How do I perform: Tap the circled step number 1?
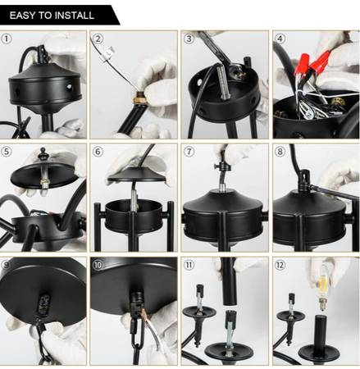(7, 39)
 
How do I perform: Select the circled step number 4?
(280, 39)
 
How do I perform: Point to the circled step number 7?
(189, 152)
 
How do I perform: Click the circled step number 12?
(280, 265)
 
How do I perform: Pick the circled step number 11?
(189, 265)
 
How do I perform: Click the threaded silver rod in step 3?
(221, 81)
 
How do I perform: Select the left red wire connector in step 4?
(304, 62)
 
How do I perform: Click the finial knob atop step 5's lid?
(43, 154)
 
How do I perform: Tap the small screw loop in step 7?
(221, 166)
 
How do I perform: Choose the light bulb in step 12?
(324, 288)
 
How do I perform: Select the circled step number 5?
(7, 152)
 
